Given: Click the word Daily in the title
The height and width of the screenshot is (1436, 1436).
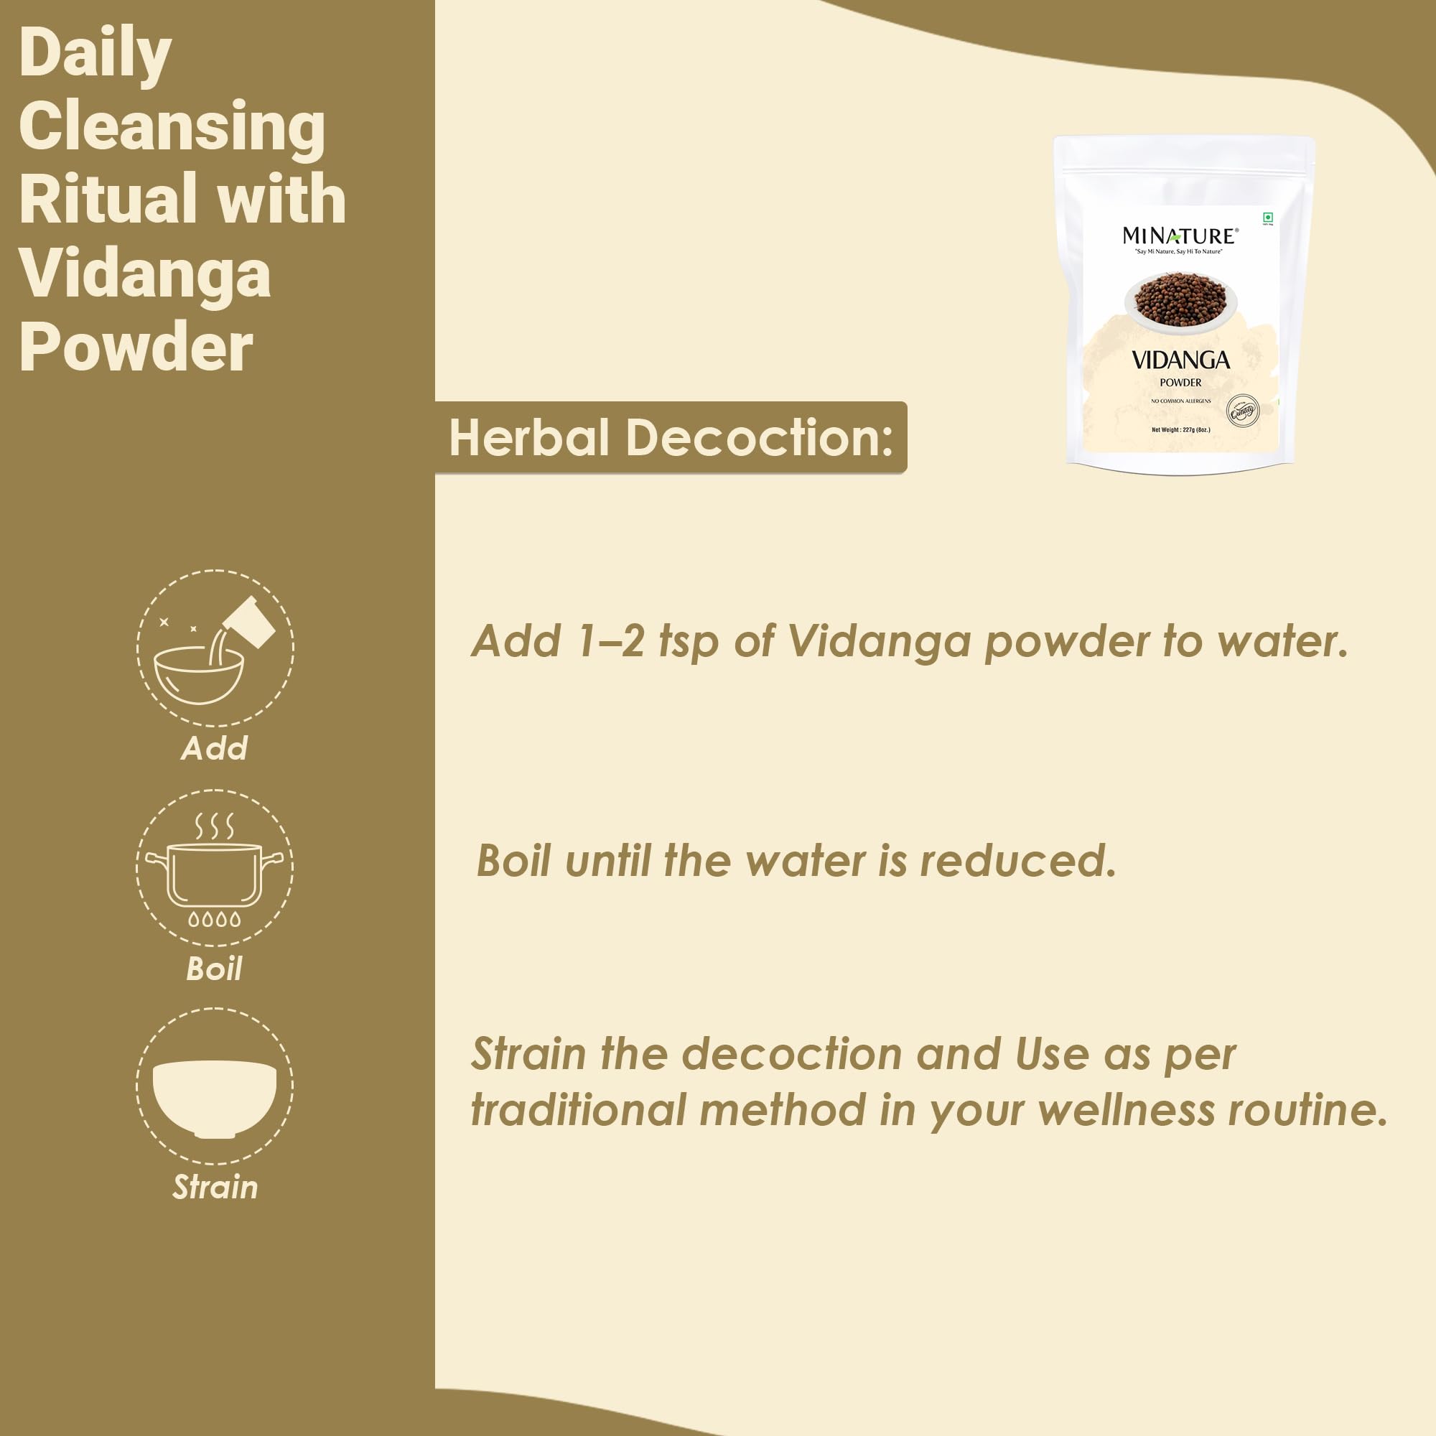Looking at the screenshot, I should point(95,54).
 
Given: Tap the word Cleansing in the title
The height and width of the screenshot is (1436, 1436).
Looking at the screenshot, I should point(172,126).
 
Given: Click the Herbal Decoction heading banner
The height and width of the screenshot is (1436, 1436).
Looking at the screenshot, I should point(671,438).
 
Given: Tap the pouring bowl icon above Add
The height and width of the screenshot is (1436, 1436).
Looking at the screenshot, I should point(215,648).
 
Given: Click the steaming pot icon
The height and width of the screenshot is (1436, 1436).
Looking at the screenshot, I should point(215,868).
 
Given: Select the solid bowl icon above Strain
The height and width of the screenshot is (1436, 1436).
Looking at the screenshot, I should point(215,1086).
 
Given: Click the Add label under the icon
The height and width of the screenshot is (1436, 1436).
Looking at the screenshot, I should point(215,748).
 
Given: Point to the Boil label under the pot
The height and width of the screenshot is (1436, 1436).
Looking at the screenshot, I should point(215,969).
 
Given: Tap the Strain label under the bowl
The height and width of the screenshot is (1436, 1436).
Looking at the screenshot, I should point(215,1188).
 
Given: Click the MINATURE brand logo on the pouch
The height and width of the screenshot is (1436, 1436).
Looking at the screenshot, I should point(1180,236).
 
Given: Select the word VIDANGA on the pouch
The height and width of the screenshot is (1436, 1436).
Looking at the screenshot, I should point(1180,361).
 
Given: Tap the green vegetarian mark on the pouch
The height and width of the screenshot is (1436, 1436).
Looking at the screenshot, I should point(1268,218).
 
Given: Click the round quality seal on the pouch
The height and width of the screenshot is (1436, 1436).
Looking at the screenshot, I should point(1243,411).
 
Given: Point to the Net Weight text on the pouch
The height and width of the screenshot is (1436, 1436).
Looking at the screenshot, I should point(1180,429).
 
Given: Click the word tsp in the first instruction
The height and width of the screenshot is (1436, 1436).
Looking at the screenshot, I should point(689,641).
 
